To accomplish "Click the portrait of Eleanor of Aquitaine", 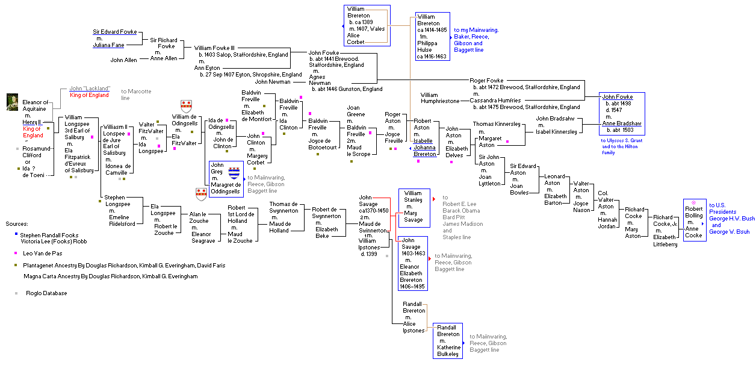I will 11,102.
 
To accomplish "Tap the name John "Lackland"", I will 89,88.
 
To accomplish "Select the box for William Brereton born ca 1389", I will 367,25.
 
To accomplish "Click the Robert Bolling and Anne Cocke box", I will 694,220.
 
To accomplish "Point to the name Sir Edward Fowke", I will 114,31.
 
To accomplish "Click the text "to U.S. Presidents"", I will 722,208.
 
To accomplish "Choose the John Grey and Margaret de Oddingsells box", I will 226,178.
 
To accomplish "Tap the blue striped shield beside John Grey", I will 234,172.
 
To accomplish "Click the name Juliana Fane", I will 108,45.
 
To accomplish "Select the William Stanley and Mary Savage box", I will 415,207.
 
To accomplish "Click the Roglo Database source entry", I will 46,293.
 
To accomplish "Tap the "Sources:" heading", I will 16,223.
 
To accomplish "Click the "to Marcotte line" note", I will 135,95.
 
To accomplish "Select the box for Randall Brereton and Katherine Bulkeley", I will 449,340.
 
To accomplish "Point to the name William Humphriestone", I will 440,98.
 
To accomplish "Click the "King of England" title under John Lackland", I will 89,95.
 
